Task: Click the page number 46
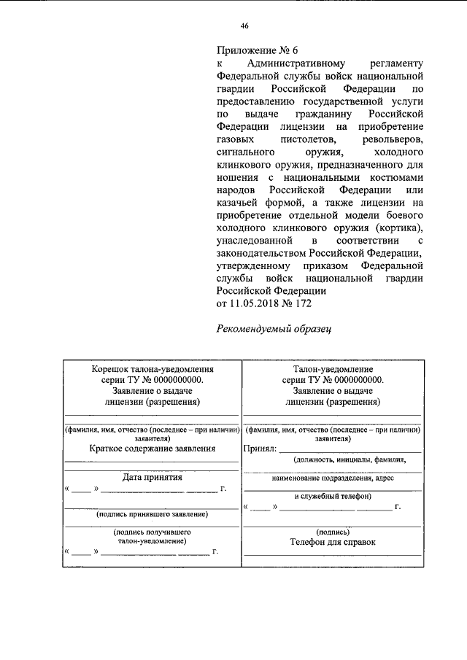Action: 244,26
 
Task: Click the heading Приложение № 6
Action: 258,51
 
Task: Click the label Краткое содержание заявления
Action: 153,449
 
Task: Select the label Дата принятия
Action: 152,478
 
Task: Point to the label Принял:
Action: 260,449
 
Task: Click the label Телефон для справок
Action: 332,543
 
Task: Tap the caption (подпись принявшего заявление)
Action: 152,514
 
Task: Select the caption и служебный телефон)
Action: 332,496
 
